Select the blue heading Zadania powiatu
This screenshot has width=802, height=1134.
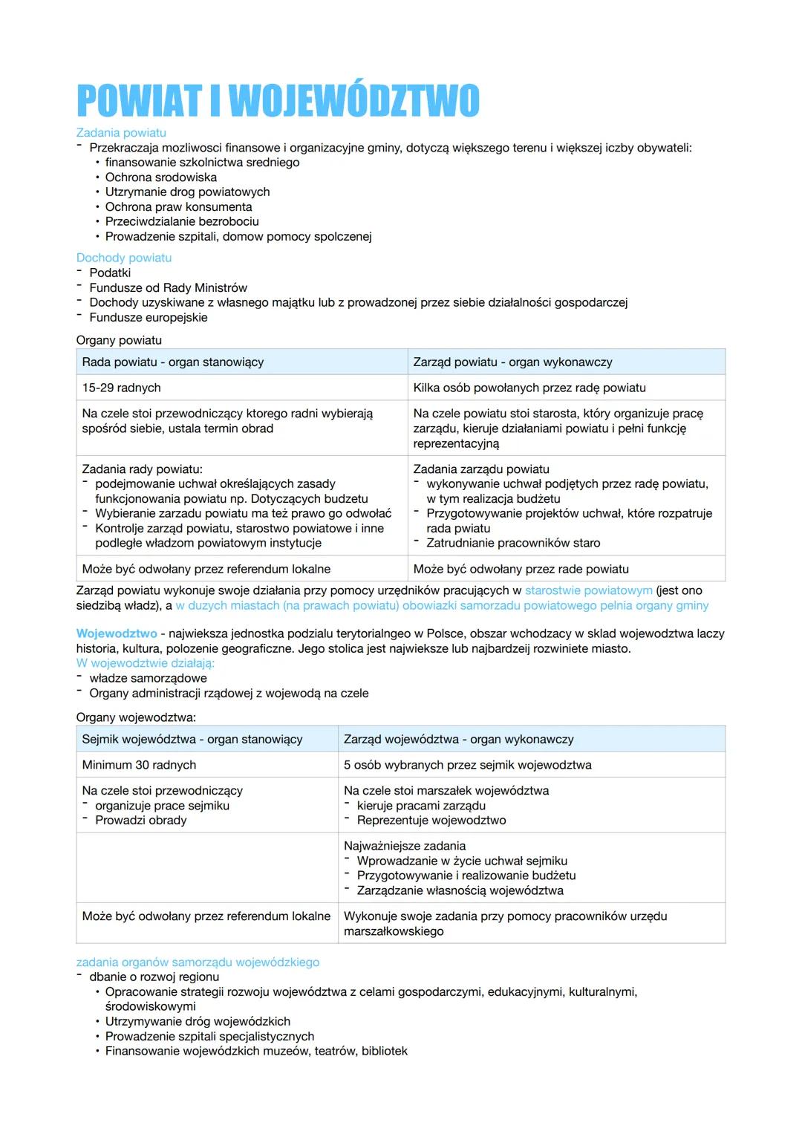pyautogui.click(x=121, y=132)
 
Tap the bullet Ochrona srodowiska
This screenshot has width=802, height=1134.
pyautogui.click(x=161, y=177)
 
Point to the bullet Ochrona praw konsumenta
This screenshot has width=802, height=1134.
pyautogui.click(x=178, y=206)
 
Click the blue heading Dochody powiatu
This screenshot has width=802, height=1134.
pyautogui.click(x=124, y=258)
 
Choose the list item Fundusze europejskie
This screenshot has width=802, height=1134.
pyautogui.click(x=149, y=317)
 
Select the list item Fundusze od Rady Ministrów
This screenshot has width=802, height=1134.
pyautogui.click(x=168, y=287)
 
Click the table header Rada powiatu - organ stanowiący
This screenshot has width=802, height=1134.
pyautogui.click(x=173, y=362)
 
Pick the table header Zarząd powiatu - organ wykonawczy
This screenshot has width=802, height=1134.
pyautogui.click(x=512, y=362)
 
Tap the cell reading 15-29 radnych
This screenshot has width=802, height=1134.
pyautogui.click(x=121, y=388)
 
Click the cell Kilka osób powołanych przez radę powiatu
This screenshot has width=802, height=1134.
pyautogui.click(x=529, y=388)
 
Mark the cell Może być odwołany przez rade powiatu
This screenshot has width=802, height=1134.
pyautogui.click(x=521, y=569)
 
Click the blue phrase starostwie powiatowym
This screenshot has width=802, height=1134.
pyautogui.click(x=588, y=590)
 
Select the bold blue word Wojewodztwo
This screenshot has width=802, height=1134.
pyautogui.click(x=117, y=633)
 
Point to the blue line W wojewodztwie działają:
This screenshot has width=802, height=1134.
pyautogui.click(x=146, y=663)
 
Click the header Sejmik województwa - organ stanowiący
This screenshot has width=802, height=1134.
pyautogui.click(x=192, y=739)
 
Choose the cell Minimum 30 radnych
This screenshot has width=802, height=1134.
pyautogui.click(x=139, y=765)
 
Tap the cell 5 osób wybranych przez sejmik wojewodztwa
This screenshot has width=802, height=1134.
pyautogui.click(x=467, y=765)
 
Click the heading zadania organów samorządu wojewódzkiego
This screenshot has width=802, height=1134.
pyautogui.click(x=198, y=962)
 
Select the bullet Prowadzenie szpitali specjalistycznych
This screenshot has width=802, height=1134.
pyautogui.click(x=209, y=1036)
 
